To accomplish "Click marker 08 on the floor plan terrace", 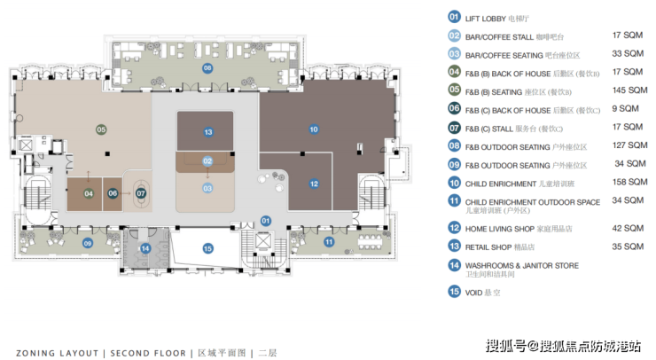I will (x=207, y=67).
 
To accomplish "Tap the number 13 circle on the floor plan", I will (x=207, y=133).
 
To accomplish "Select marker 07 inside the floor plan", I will (x=141, y=192).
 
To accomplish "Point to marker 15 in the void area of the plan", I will (x=207, y=249).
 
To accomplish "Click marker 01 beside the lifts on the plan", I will (x=265, y=220).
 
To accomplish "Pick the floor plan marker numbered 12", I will (x=314, y=184).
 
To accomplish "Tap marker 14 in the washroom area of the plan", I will (x=145, y=248).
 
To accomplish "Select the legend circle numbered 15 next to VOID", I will (x=454, y=292).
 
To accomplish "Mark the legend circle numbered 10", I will (x=454, y=184).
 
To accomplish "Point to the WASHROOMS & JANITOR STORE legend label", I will (x=522, y=264).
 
